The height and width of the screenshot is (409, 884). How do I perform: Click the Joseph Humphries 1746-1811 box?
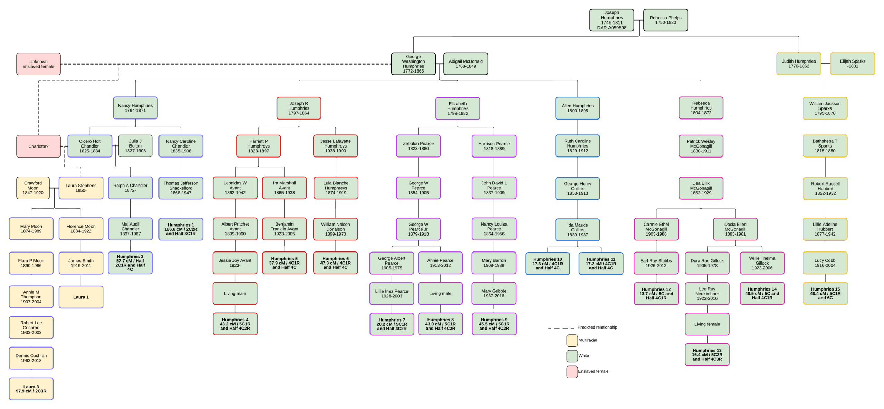point(612,20)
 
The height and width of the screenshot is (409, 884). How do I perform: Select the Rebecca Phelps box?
point(665,20)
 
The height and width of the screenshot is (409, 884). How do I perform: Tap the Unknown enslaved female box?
point(38,64)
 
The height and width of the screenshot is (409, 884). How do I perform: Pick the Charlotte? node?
point(38,146)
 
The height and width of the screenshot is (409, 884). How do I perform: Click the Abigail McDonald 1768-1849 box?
point(465,64)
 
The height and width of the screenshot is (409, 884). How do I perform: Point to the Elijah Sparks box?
point(853,64)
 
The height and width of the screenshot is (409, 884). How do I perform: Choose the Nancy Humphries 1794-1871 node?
point(135,108)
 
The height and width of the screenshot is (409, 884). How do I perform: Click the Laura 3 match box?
point(31,389)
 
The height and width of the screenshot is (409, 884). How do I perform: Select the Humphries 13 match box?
point(707,354)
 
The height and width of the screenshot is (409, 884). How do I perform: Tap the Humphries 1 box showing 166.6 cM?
point(181,229)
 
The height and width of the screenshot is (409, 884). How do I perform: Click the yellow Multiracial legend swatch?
point(572,340)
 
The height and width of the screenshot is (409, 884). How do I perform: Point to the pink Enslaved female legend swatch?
point(572,372)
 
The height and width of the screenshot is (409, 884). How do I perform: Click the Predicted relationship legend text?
point(597,327)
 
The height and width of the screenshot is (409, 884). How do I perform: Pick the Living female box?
point(707,324)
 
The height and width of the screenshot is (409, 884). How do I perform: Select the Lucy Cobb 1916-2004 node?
point(825,263)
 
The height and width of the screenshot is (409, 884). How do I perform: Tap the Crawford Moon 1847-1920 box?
point(33,188)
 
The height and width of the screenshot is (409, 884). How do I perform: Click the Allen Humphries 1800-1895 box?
point(578,108)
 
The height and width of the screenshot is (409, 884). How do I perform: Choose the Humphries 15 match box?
point(825,293)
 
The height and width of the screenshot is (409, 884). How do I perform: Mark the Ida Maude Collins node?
point(578,230)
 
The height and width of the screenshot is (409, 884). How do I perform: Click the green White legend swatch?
point(572,356)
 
